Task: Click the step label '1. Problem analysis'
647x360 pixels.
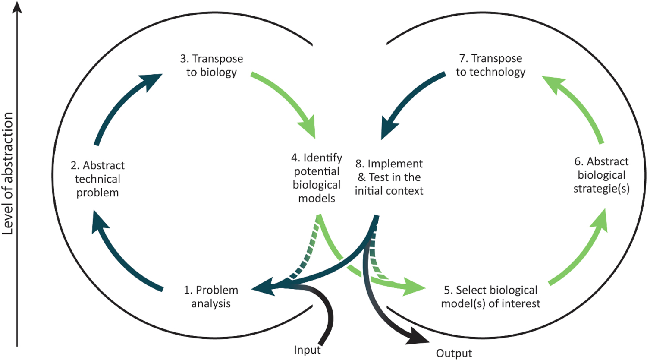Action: [211, 297]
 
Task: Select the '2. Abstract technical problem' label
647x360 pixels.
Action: [97, 179]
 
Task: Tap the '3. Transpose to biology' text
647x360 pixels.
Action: [211, 65]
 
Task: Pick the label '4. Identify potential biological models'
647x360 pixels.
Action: [317, 178]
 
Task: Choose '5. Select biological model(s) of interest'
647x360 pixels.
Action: [490, 297]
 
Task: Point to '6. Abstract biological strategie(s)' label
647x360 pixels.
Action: [601, 175]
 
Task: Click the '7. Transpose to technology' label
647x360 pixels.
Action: [490, 65]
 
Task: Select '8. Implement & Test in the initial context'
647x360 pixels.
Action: [389, 177]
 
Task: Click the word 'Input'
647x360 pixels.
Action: [307, 350]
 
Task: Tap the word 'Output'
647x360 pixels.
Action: [454, 354]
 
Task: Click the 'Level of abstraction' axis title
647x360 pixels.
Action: [8, 173]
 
